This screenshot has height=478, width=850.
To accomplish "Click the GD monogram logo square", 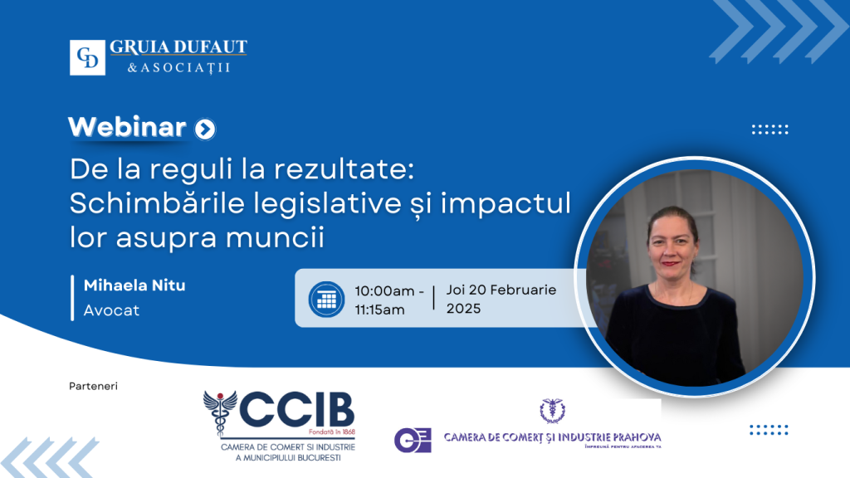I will point(87,58).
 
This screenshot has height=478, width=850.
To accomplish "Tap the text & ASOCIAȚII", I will point(178,67).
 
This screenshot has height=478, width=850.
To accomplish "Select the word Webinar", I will point(127,126).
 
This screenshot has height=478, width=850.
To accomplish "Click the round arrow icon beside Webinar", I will point(204,129).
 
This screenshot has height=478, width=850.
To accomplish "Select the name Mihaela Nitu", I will point(134,285).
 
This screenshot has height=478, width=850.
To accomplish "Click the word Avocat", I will point(111,310).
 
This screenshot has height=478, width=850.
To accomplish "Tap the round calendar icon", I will point(326,299).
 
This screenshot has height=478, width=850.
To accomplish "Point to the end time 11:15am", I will point(379,310).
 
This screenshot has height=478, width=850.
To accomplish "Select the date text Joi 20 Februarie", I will point(501,290).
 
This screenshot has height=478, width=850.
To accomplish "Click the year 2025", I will point(463,309).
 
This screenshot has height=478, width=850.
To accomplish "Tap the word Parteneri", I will point(94,386).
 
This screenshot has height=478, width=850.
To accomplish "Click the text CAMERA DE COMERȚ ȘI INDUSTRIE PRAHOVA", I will point(552,437).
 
